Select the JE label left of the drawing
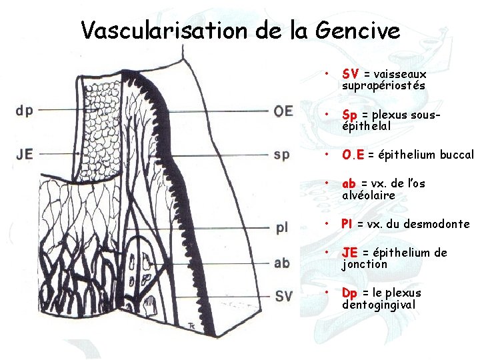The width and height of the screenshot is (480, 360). point(24,154)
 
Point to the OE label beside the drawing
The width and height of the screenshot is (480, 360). point(283,111)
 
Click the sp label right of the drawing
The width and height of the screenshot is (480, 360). point(281,155)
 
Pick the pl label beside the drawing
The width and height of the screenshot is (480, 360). point(281,227)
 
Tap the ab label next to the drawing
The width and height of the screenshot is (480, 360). point(281,262)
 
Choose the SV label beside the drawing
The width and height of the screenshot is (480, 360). point(283,295)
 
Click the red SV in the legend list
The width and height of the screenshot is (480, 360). point(351,74)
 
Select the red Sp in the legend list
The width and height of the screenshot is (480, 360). point(350,115)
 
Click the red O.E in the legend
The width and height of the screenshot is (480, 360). point(353,155)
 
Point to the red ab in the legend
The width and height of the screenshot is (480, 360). point(349,183)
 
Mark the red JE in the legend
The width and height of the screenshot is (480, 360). point(349,253)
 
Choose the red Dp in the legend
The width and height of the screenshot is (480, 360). point(349,293)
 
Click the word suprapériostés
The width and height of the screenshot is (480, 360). point(383,85)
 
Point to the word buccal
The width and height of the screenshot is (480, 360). point(455,155)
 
